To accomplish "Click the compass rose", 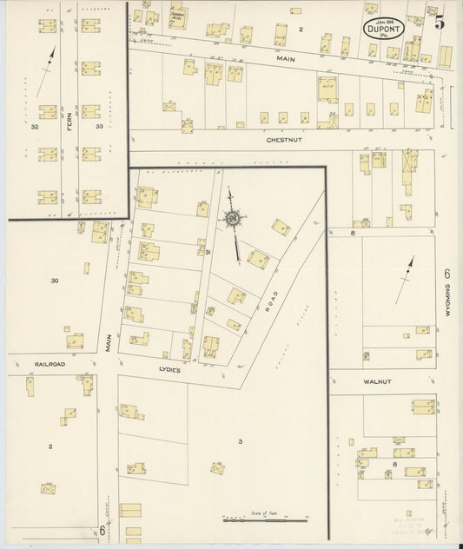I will click(233, 219).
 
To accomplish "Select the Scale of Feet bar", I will click(264, 519).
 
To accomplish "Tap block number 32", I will click(35, 127).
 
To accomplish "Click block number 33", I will click(99, 127).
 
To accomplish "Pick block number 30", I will click(55, 281).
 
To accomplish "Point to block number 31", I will click(208, 252).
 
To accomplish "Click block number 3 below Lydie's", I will click(239, 441).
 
